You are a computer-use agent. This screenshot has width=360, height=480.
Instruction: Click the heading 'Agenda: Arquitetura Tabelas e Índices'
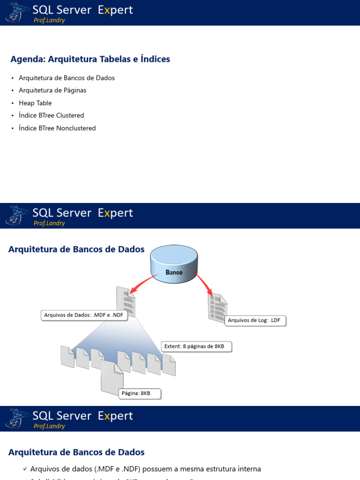[x=90, y=59]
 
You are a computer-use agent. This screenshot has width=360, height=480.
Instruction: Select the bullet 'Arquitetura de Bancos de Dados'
[x=67, y=78]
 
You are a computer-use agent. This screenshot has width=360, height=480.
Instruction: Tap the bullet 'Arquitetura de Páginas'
[x=52, y=90]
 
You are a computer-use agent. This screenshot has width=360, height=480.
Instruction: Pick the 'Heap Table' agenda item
[x=35, y=103]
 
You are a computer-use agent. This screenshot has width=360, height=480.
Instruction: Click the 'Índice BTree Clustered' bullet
[x=52, y=115]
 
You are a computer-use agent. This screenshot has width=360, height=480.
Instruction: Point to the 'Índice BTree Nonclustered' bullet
[x=57, y=128]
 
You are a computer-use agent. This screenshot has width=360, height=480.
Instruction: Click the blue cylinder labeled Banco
[x=174, y=264]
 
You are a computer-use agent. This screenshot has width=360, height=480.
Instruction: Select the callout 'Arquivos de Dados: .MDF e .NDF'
[x=84, y=315]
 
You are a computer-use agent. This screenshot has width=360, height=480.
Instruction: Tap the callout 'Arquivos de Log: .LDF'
[x=255, y=321]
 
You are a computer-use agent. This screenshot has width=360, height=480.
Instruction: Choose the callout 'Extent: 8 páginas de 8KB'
[x=196, y=347]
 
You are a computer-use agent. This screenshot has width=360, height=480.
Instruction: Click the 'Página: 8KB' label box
[x=139, y=393]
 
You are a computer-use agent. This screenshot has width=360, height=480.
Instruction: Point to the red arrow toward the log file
[x=202, y=283]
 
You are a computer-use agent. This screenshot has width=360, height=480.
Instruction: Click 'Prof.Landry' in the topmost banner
[x=49, y=20]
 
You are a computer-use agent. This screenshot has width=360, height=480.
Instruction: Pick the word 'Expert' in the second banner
[x=115, y=213]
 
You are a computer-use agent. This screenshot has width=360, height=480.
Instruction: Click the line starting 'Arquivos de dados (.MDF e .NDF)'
[x=145, y=469]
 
